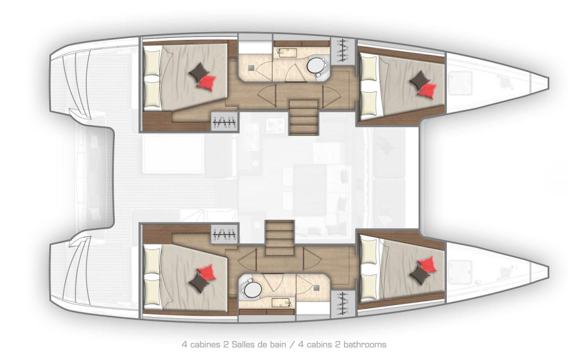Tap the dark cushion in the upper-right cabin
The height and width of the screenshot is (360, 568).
point(420,80)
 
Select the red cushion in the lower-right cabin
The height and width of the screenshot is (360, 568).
point(427,264)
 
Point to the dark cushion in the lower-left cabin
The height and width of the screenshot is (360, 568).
point(199,283)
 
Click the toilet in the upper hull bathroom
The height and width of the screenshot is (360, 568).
point(317,67)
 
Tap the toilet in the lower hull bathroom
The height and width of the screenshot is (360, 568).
point(251,288)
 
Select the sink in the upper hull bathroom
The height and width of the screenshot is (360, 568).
point(286,53)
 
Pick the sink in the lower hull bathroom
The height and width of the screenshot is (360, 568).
point(282,302)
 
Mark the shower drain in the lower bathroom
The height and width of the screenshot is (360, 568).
point(317,287)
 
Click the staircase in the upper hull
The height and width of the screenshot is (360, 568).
point(304,117)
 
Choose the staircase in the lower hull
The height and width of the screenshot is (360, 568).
point(280,239)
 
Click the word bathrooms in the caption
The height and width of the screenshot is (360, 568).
point(365,344)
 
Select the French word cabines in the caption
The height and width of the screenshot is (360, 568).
point(204,344)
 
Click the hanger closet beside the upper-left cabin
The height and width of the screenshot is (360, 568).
point(225,122)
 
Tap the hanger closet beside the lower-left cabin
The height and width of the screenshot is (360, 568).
point(225,234)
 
